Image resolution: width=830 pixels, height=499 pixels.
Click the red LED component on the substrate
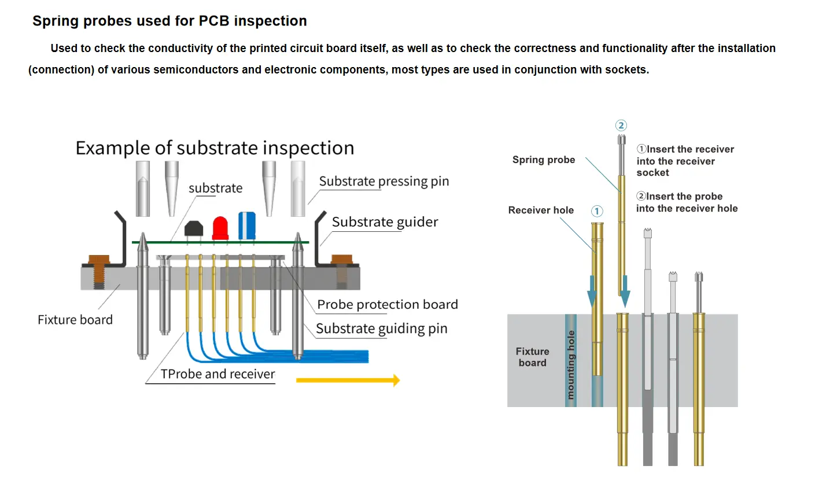[220, 228]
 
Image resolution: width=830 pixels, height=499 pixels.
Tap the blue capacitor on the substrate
[247, 226]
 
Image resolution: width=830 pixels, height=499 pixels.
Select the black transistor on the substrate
[194, 229]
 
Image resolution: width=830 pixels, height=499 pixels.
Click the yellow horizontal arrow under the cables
[348, 380]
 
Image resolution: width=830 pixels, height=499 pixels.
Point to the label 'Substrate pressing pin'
[383, 181]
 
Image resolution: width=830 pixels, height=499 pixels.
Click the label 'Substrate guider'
[385, 222]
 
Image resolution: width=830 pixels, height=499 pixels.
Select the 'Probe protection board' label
[387, 304]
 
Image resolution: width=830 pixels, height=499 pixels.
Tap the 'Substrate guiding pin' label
[381, 328]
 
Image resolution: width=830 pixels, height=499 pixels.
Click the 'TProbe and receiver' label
[217, 374]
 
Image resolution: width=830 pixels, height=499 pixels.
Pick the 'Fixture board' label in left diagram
[75, 320]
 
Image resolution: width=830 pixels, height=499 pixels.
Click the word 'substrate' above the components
[215, 188]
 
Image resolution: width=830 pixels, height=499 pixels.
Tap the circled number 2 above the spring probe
[621, 125]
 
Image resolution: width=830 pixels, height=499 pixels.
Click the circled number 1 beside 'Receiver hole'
[597, 211]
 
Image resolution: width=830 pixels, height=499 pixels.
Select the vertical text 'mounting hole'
[571, 364]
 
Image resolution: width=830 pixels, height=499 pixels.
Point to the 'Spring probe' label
[544, 160]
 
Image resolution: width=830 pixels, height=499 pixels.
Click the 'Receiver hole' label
[541, 210]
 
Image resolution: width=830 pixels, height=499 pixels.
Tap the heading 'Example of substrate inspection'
[215, 148]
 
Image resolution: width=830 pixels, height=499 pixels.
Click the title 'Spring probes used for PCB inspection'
[169, 21]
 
